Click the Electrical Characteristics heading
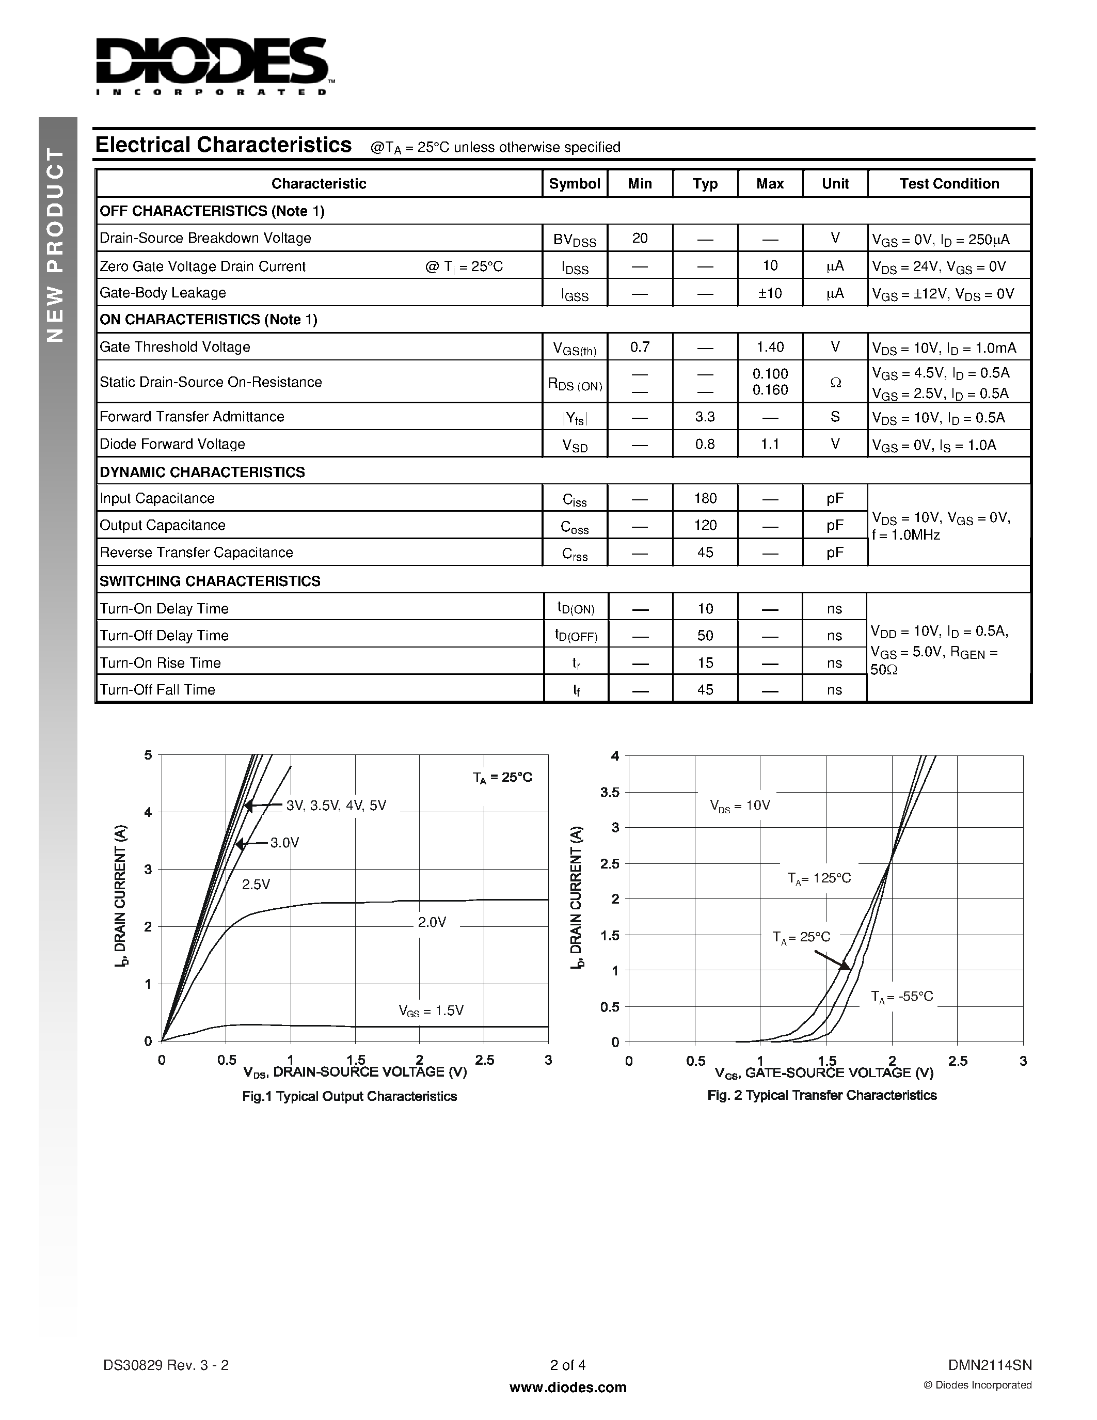[x=224, y=145]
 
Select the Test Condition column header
[x=949, y=184]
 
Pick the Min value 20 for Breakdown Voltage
[x=640, y=238]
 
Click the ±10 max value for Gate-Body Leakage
[x=770, y=293]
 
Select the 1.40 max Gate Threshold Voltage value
[x=770, y=347]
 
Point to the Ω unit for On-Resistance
[x=835, y=382]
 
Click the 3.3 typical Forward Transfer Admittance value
[x=705, y=417]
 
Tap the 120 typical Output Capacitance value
[x=705, y=525]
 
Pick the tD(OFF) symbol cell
[x=575, y=636]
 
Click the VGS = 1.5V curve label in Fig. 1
[x=431, y=1011]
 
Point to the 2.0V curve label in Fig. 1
[x=432, y=922]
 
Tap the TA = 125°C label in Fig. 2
[x=819, y=878]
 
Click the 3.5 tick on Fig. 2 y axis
[x=610, y=792]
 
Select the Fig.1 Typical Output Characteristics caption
[x=349, y=1096]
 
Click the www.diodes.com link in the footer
[x=567, y=1387]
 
